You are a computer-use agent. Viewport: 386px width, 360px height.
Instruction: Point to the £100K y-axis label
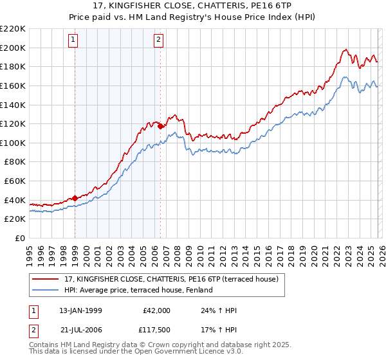pos(14,143)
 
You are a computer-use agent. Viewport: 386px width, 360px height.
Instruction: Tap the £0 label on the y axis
pos(19,239)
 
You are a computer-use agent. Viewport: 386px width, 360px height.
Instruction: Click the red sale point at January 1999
pos(75,198)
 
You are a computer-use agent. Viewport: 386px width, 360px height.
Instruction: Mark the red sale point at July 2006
pos(160,126)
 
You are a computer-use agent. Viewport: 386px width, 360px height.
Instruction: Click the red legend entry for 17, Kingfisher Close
pos(170,279)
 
